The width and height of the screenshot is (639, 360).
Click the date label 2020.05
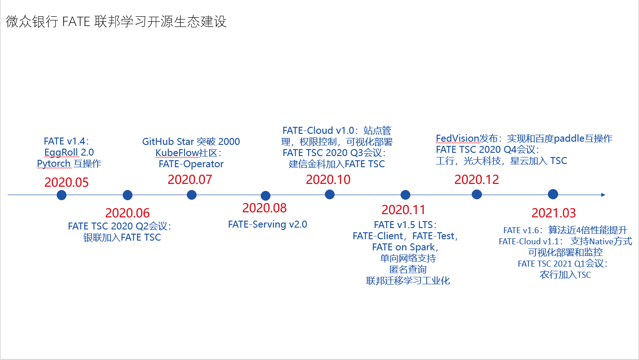(66, 183)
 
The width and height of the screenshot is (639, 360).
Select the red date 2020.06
(127, 213)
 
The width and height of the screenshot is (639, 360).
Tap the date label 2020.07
(190, 180)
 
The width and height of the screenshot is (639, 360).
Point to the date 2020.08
(264, 208)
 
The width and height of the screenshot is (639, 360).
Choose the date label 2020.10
(328, 180)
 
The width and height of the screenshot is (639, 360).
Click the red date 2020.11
(403, 210)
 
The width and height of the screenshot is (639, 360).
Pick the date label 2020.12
(476, 180)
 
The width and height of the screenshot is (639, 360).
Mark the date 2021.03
(553, 213)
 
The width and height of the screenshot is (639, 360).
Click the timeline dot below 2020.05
(62, 195)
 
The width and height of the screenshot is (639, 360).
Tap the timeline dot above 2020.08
(265, 196)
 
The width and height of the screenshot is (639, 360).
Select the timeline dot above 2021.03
(553, 194)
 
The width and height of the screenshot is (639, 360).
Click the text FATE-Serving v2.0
(268, 225)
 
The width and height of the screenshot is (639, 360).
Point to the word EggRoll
(61, 152)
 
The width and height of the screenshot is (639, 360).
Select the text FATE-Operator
(191, 164)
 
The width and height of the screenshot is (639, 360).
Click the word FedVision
(457, 138)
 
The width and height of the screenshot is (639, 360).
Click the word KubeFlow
(177, 153)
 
